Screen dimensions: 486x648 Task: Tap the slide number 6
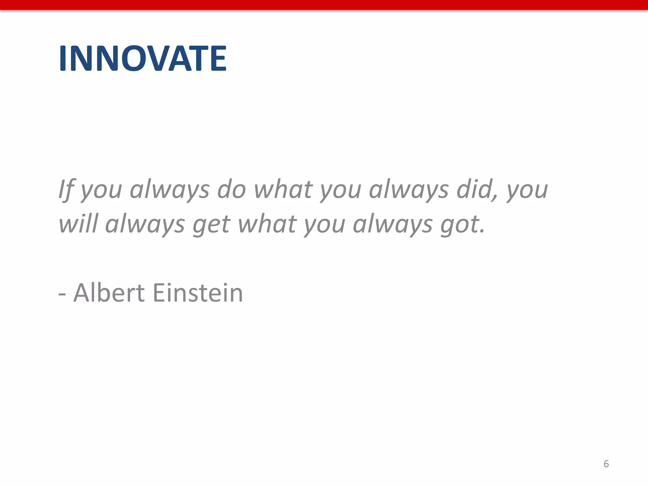point(606,464)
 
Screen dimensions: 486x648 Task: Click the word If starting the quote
point(66,190)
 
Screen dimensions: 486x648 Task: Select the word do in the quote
point(231,190)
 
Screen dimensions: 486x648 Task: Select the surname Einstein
point(198,293)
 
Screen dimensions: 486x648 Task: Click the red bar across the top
point(324,5)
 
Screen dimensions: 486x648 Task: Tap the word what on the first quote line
point(283,190)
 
